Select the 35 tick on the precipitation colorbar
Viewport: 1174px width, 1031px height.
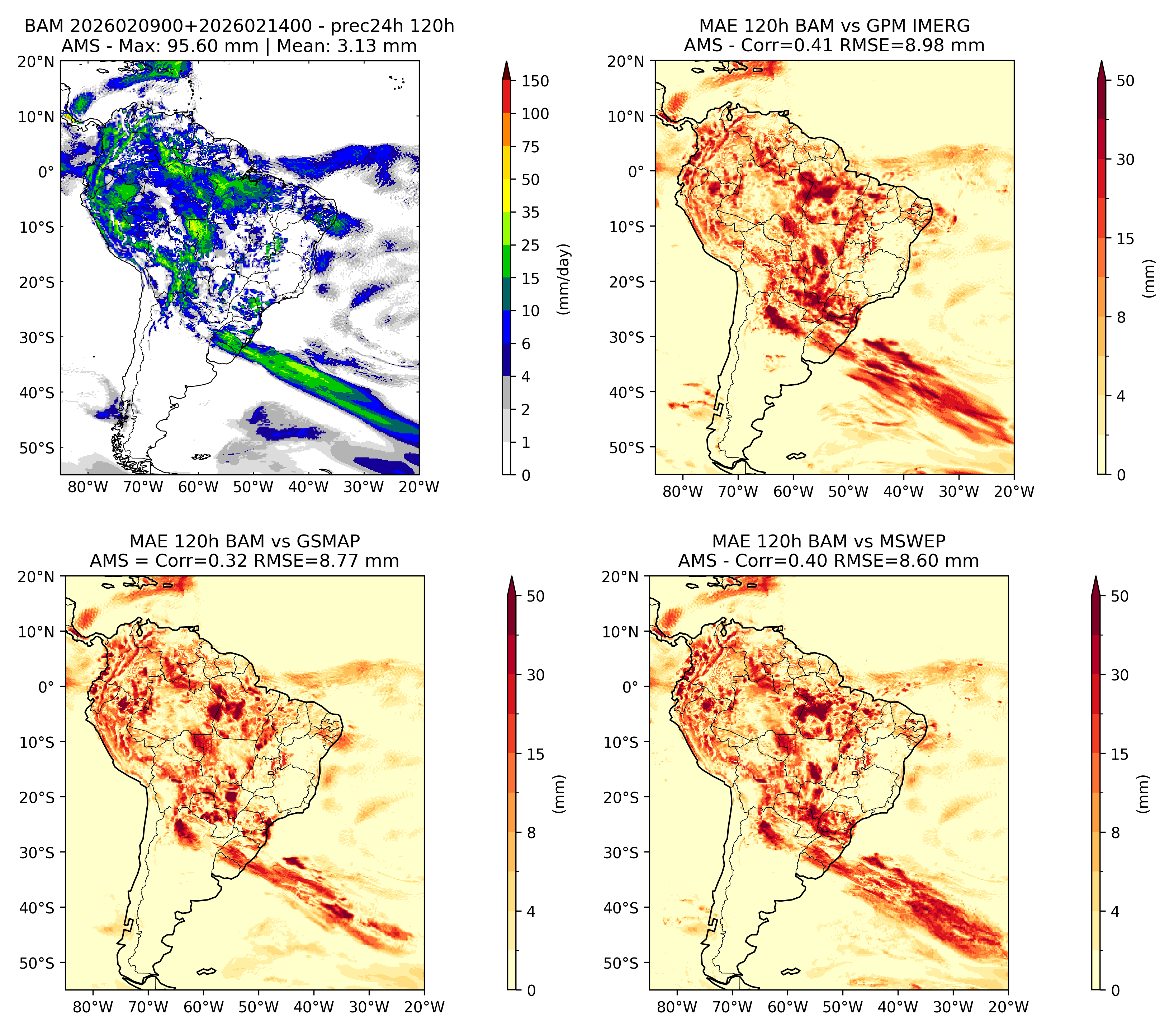pos(531,212)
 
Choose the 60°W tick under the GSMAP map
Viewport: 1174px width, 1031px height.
pos(203,1007)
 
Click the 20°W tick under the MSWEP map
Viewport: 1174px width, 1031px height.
pos(1009,1007)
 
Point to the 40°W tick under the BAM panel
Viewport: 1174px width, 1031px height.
pos(308,488)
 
